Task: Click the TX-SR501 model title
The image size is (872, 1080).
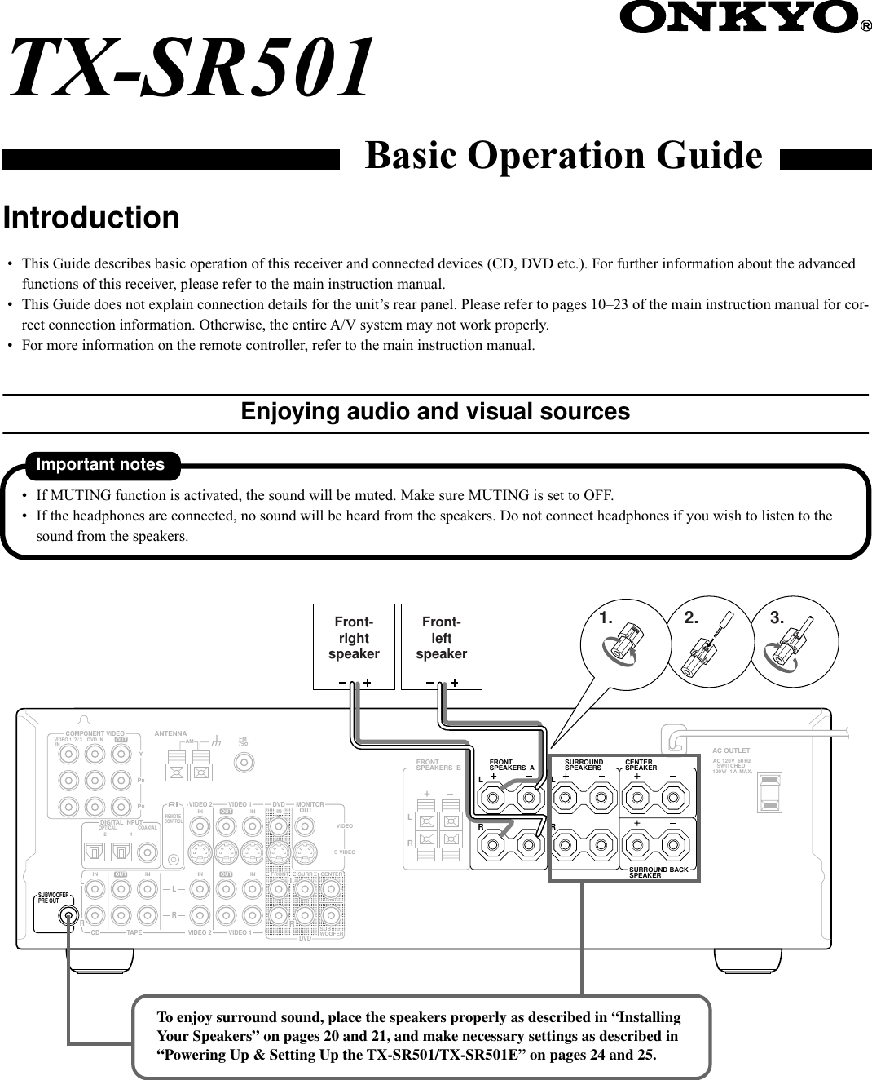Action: coord(192,70)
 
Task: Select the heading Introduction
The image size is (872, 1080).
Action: coord(91,218)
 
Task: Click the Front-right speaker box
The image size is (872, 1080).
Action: coord(354,646)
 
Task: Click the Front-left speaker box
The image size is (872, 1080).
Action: coord(442,646)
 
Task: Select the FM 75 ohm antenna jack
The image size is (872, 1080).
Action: coord(243,763)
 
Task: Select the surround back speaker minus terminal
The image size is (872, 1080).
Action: coord(672,845)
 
